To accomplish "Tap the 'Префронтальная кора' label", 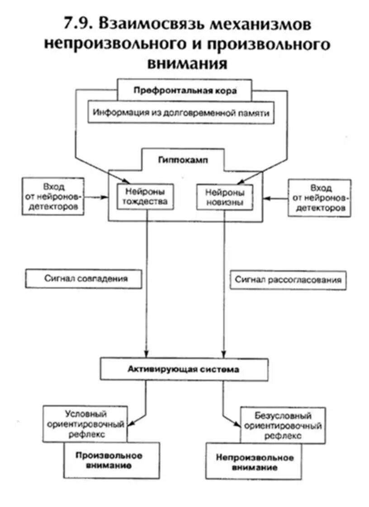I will (x=185, y=90).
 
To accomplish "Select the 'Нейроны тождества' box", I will (x=145, y=196).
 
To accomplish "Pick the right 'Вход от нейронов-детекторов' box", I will (x=321, y=197).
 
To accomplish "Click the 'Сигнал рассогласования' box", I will (x=288, y=280).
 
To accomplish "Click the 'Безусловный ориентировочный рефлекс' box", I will (x=282, y=426).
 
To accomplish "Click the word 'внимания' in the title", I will (x=187, y=63).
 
